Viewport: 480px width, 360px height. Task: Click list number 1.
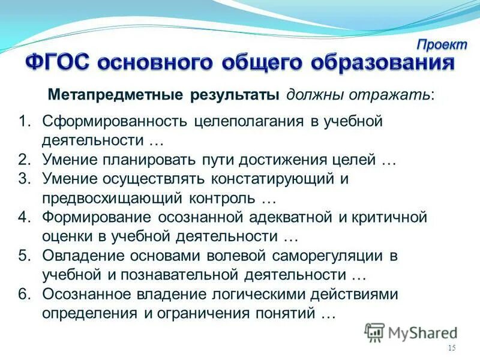point(23,122)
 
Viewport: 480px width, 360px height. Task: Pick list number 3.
point(23,179)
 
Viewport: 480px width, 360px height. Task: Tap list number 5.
point(23,256)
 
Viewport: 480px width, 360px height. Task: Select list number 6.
point(23,295)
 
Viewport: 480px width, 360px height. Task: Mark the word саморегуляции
point(322,256)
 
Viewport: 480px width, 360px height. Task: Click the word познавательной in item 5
point(180,275)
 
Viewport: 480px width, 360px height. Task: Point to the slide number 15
point(452,349)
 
